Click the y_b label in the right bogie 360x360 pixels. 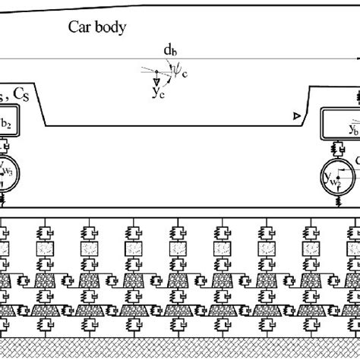click(x=354, y=129)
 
